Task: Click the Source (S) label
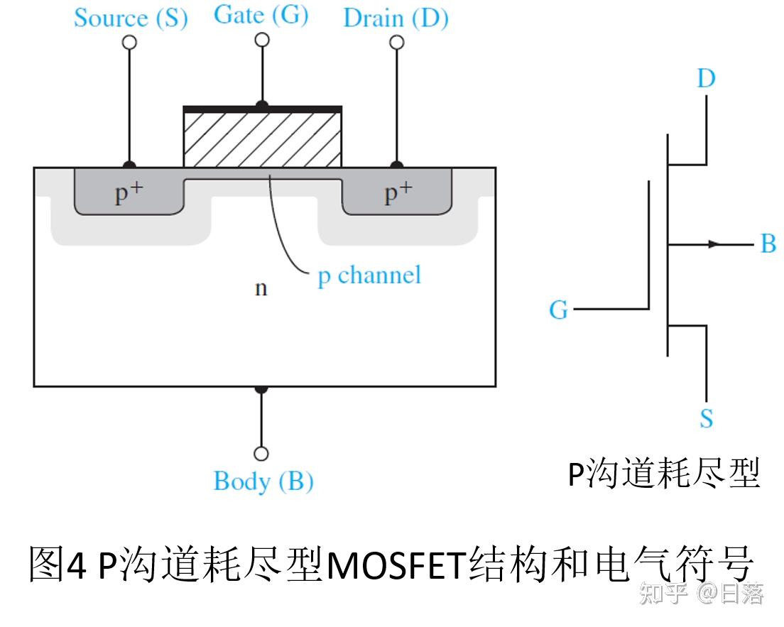[x=131, y=18]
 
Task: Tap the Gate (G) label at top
[x=261, y=15]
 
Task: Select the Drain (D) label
[x=396, y=18]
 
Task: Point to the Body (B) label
[x=263, y=481]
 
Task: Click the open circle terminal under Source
[x=129, y=43]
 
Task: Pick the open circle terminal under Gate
[x=262, y=40]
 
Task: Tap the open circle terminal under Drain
[x=397, y=43]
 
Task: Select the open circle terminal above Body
[x=261, y=453]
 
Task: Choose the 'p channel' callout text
[x=369, y=275]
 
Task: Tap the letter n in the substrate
[x=261, y=288]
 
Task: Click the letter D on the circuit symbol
[x=706, y=78]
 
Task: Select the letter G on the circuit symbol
[x=559, y=310]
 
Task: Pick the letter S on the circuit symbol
[x=706, y=418]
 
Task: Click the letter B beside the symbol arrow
[x=768, y=244]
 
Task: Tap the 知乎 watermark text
[x=664, y=594]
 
